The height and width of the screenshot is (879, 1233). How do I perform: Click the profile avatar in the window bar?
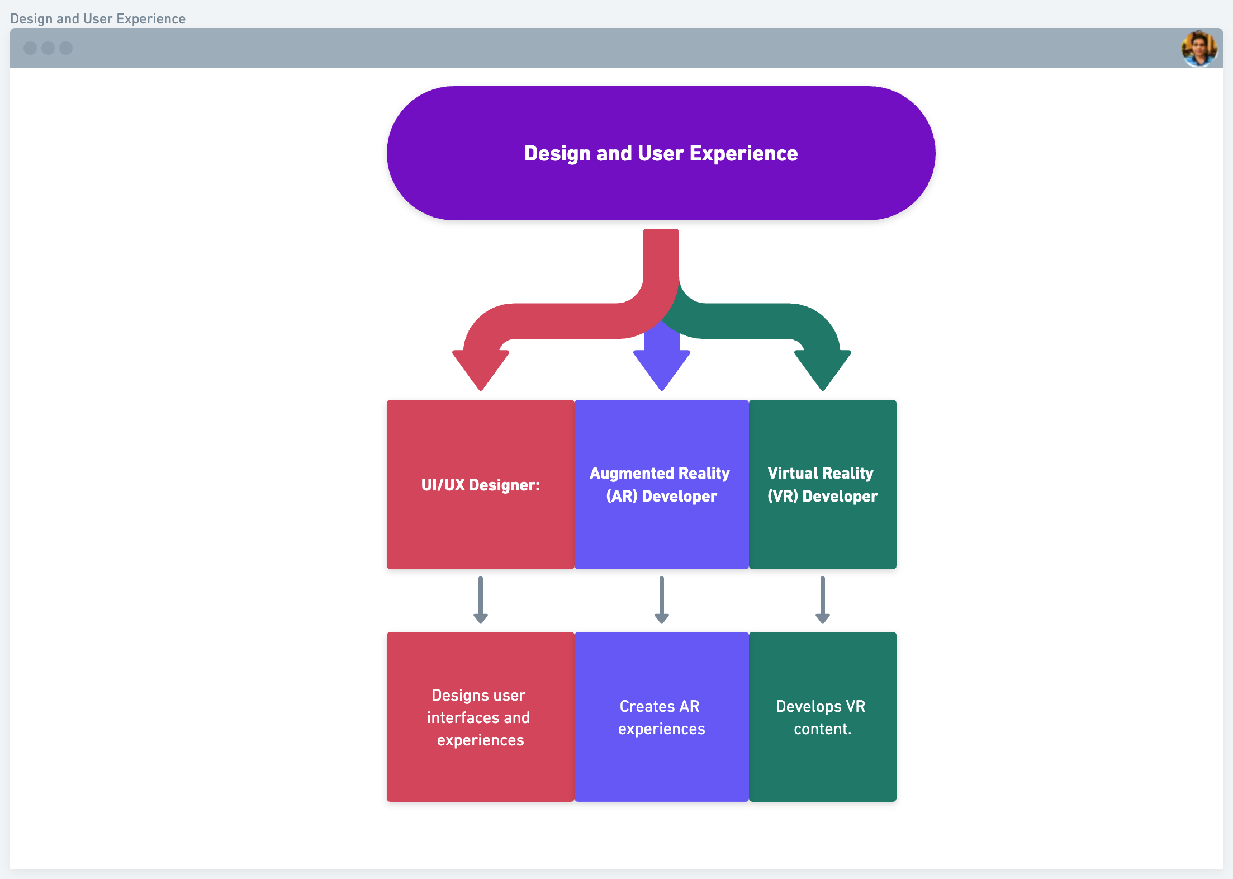coord(1199,49)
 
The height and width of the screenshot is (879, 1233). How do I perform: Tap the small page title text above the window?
coord(98,19)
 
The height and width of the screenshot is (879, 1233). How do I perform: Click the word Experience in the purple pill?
coord(743,154)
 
